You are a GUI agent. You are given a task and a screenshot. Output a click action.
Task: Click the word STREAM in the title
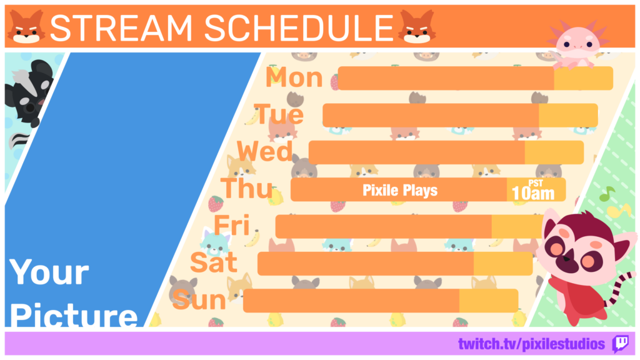click(x=121, y=27)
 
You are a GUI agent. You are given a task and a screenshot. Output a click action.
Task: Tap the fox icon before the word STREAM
click(x=26, y=27)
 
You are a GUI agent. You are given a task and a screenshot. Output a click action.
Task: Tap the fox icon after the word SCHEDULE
click(x=417, y=27)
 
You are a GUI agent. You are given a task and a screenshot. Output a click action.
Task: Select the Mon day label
click(x=294, y=77)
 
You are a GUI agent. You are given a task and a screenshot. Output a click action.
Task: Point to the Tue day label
click(x=279, y=114)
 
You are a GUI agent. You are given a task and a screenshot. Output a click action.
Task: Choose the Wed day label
click(x=265, y=151)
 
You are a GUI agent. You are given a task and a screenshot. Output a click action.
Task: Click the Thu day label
click(x=246, y=188)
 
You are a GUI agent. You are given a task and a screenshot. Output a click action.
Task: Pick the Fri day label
click(x=232, y=225)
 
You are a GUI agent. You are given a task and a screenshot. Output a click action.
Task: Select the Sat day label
click(x=214, y=262)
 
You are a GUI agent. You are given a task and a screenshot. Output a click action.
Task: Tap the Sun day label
click(x=199, y=300)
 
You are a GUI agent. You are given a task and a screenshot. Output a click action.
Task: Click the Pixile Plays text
click(x=400, y=190)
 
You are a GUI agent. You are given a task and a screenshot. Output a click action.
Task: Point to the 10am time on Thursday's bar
click(x=533, y=194)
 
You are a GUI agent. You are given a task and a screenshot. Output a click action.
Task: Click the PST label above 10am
click(x=536, y=183)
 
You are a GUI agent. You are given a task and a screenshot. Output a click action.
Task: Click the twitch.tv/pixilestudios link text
click(x=531, y=344)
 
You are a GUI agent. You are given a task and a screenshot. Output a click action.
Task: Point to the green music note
click(x=607, y=194)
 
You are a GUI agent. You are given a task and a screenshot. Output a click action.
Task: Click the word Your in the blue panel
click(x=49, y=272)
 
